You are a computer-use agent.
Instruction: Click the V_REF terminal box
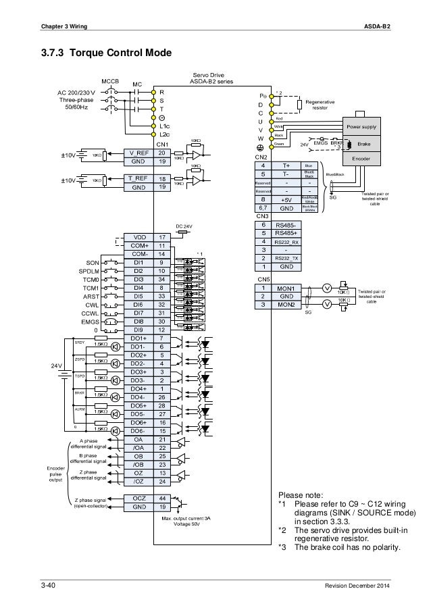pyautogui.click(x=138, y=153)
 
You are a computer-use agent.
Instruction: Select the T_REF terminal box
pyautogui.click(x=138, y=178)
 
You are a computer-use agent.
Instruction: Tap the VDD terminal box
pyautogui.click(x=138, y=237)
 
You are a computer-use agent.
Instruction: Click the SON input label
pyautogui.click(x=94, y=262)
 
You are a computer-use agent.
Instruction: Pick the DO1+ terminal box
pyautogui.click(x=138, y=338)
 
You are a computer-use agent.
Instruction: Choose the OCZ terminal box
pyautogui.click(x=138, y=497)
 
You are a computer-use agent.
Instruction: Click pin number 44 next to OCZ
pyautogui.click(x=162, y=497)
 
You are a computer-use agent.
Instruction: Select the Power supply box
pyautogui.click(x=362, y=127)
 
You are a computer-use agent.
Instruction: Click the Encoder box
pyautogui.click(x=362, y=159)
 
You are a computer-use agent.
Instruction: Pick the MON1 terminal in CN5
pyautogui.click(x=283, y=287)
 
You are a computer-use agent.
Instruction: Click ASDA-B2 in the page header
pyautogui.click(x=376, y=26)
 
